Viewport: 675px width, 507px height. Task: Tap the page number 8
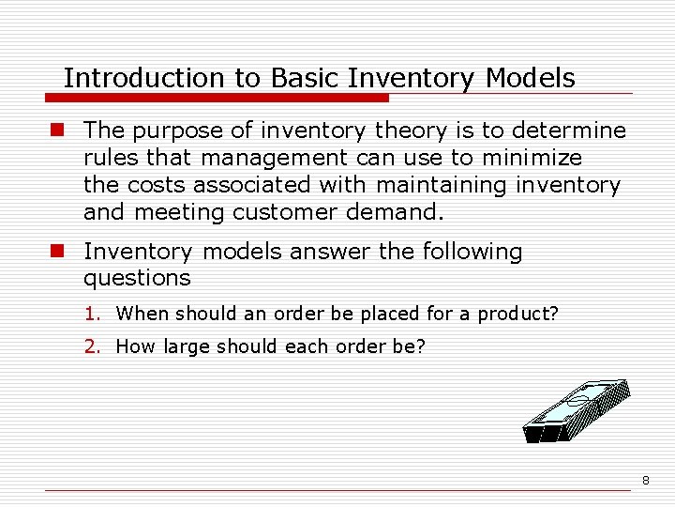pyautogui.click(x=645, y=481)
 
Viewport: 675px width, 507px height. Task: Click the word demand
pyautogui.click(x=394, y=213)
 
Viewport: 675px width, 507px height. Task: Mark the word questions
pyautogui.click(x=137, y=279)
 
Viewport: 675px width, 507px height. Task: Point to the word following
pyautogui.click(x=471, y=252)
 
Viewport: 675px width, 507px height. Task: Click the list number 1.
pyautogui.click(x=91, y=314)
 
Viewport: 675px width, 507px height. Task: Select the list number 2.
pyautogui.click(x=91, y=346)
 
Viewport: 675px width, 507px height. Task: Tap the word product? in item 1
pyautogui.click(x=517, y=314)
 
